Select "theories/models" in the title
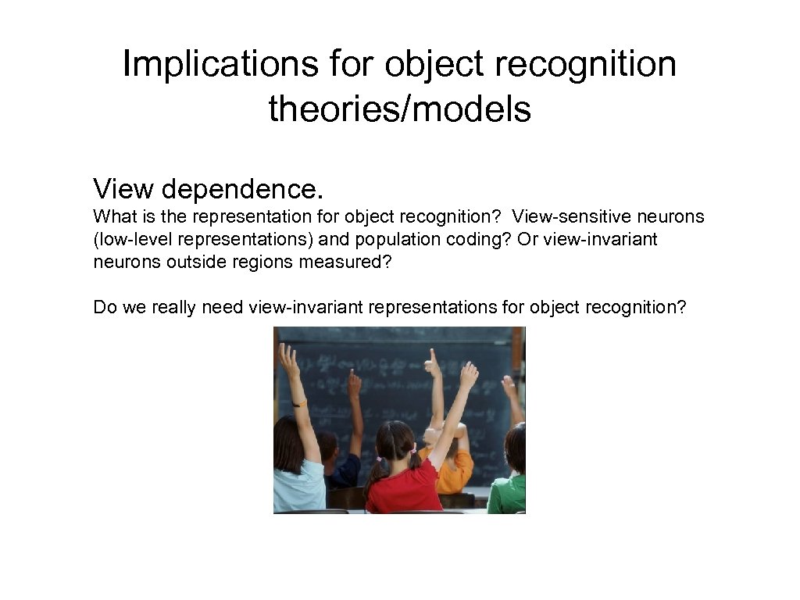pyautogui.click(x=399, y=109)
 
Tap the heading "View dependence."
pyautogui.click(x=208, y=188)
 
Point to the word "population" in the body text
pyautogui.click(x=406, y=239)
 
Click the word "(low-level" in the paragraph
pyautogui.click(x=129, y=239)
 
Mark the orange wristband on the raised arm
pyautogui.click(x=298, y=403)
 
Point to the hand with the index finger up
pyautogui.click(x=431, y=362)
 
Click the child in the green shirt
pyautogui.click(x=509, y=477)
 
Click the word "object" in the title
pyautogui.click(x=429, y=64)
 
